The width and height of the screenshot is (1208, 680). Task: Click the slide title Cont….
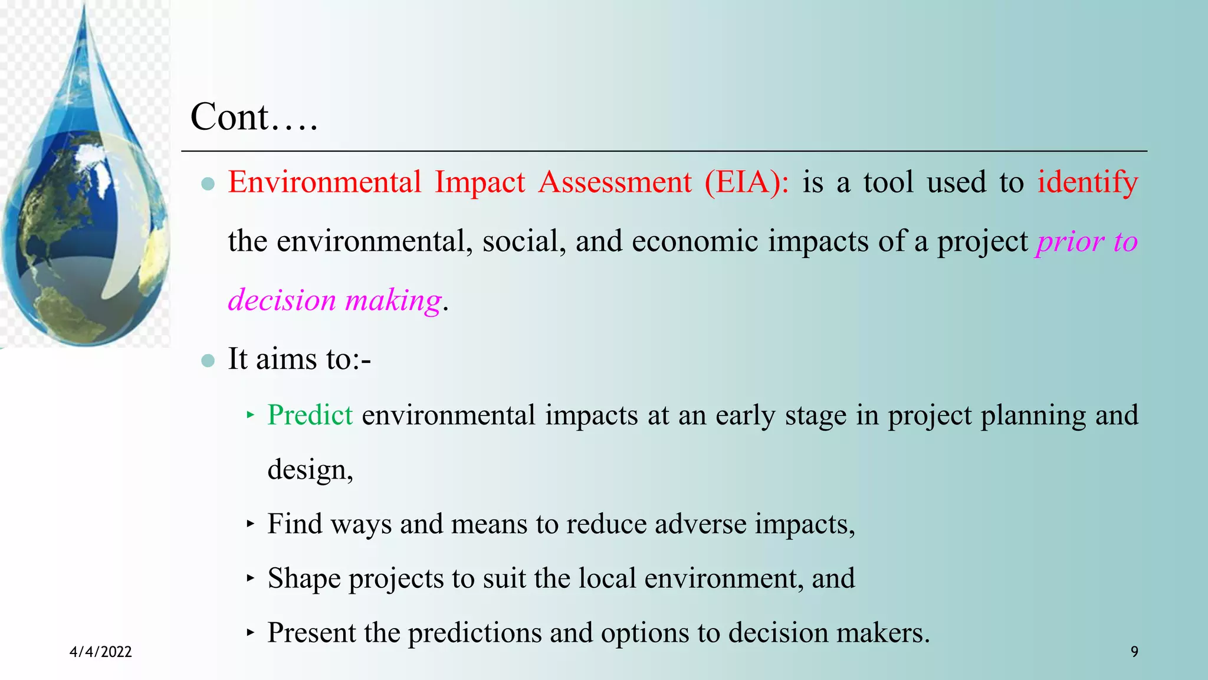click(254, 117)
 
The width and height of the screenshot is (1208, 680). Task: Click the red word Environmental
click(324, 182)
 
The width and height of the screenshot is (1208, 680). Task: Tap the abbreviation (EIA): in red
click(746, 182)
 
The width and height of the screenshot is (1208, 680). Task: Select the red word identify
click(1087, 182)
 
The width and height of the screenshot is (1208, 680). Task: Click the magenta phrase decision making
click(335, 300)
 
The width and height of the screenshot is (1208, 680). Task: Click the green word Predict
click(310, 415)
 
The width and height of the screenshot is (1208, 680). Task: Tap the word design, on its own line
click(310, 470)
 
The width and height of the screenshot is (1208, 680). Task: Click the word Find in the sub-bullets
click(294, 524)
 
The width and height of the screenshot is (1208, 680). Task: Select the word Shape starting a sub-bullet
click(304, 578)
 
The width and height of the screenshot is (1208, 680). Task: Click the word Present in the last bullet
click(311, 633)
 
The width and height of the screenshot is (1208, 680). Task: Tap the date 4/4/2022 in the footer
click(101, 652)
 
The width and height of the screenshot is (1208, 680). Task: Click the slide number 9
click(1134, 652)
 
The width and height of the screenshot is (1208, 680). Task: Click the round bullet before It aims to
click(208, 361)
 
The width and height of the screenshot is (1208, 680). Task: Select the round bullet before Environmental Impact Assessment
click(208, 184)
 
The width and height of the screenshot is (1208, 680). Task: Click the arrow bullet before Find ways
click(250, 524)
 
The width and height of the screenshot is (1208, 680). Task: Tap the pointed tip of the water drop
click(84, 7)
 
